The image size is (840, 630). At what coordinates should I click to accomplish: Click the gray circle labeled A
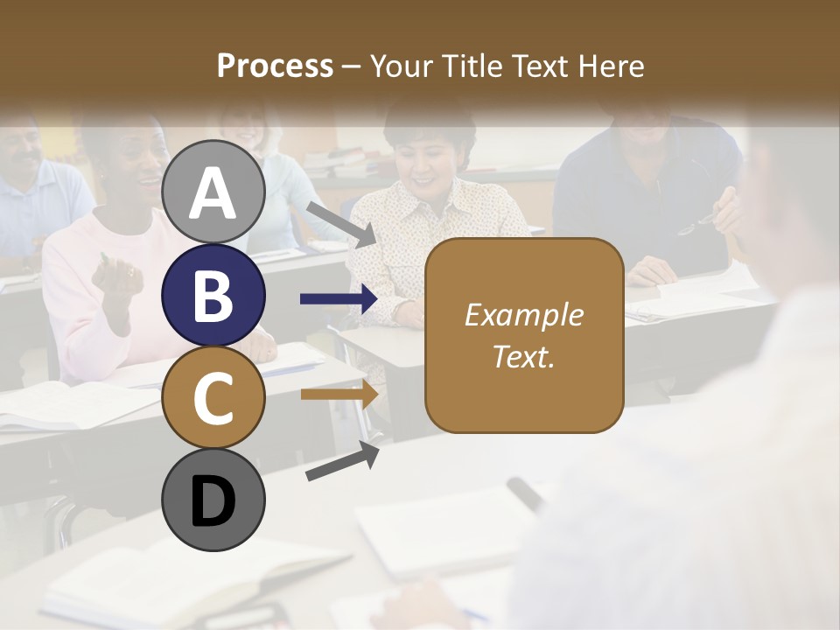point(213,192)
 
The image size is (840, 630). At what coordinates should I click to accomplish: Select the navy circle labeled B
point(213,296)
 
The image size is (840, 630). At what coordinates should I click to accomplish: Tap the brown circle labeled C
point(213,398)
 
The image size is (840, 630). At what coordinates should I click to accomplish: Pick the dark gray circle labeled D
point(213,500)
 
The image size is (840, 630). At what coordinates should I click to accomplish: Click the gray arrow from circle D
point(342,461)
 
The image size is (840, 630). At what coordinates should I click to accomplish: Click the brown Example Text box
point(523,335)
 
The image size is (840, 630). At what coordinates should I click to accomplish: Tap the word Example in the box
point(523,315)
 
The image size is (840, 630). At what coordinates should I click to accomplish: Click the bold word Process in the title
point(275,66)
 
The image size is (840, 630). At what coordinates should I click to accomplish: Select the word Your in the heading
point(402,66)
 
